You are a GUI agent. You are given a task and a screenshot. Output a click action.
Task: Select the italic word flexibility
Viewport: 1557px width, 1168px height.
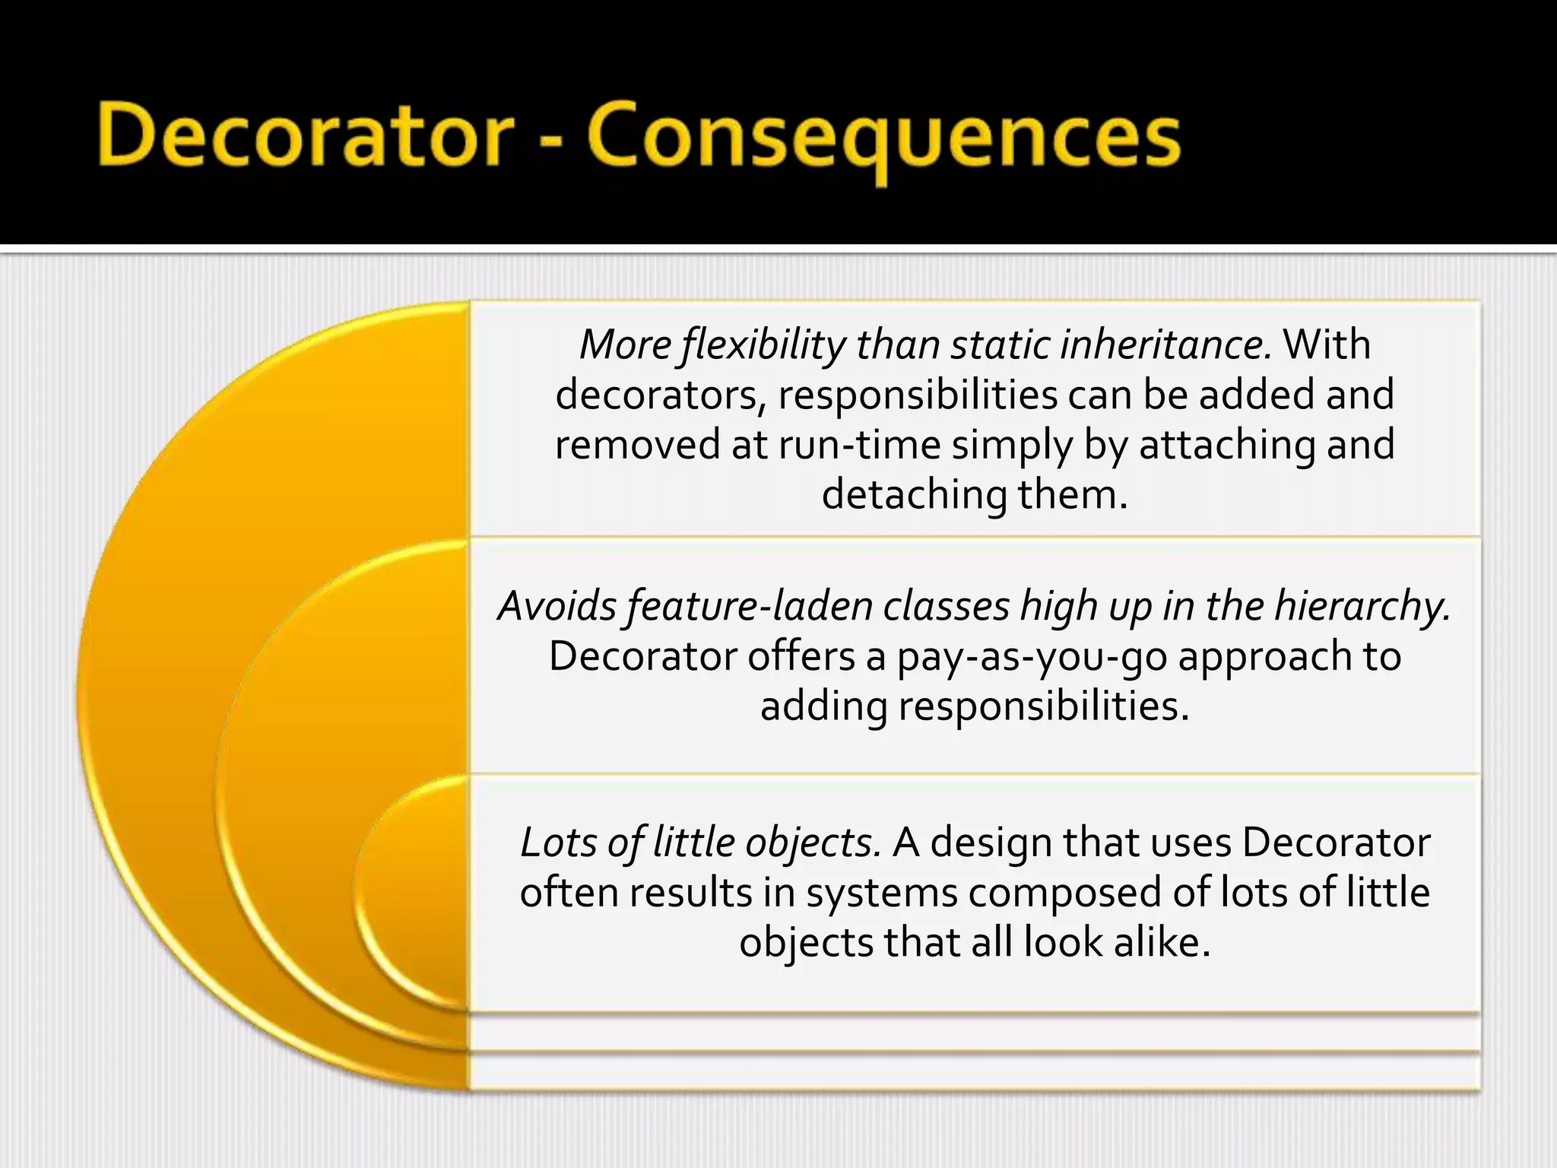pyautogui.click(x=763, y=346)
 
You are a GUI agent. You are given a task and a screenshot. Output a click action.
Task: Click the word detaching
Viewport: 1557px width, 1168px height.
pyautogui.click(x=914, y=496)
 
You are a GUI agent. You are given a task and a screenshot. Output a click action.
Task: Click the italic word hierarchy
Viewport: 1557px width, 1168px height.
pyautogui.click(x=1362, y=608)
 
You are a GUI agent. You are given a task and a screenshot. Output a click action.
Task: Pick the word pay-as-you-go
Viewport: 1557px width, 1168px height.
pyautogui.click(x=1032, y=657)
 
